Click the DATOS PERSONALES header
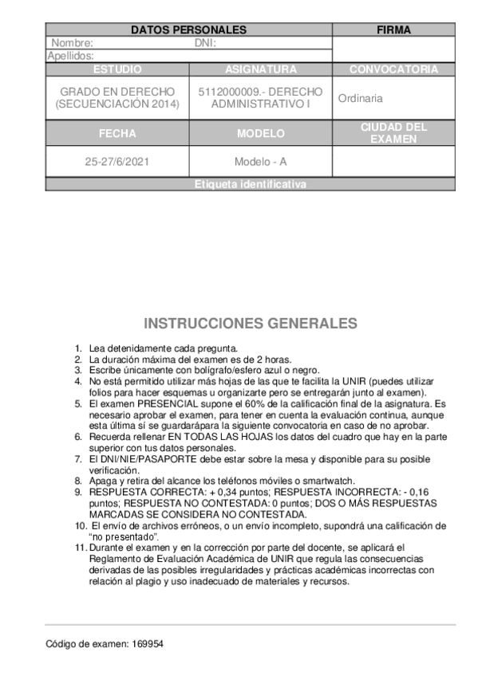tap(188, 30)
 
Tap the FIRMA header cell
tap(393, 30)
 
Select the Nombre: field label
tap(73, 43)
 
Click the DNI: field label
tap(206, 43)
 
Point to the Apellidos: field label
tap(71, 56)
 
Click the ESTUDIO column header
tap(117, 69)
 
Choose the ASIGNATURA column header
tap(261, 69)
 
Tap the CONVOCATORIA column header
tap(393, 69)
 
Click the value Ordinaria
tap(360, 99)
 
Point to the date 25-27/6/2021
tap(117, 161)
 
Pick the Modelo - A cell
tap(261, 161)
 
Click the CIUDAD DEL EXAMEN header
tap(393, 132)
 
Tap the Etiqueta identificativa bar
tap(250, 184)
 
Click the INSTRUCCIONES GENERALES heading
tap(250, 324)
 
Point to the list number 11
tap(78, 548)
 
